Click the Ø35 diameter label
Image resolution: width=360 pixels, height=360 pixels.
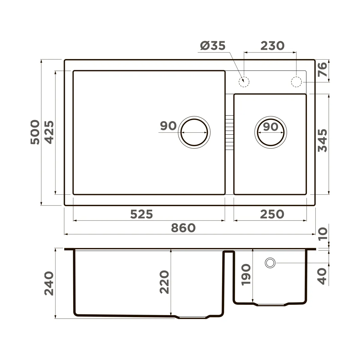click(212, 46)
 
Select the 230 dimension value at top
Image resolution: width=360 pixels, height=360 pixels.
click(272, 46)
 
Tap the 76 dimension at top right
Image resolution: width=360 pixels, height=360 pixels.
click(322, 70)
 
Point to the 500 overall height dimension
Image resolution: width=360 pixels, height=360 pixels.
click(35, 132)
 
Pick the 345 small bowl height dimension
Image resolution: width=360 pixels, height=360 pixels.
click(322, 140)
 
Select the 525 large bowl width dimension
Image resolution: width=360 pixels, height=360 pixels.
click(142, 214)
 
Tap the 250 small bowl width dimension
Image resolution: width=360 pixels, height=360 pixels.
click(272, 214)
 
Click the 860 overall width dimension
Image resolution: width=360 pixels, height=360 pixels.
click(183, 228)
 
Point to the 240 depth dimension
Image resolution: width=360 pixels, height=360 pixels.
click(49, 283)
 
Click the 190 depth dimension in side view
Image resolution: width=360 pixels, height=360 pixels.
click(246, 274)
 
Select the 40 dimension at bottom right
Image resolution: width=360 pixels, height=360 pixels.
click(322, 276)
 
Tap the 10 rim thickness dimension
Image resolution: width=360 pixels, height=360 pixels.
click(322, 234)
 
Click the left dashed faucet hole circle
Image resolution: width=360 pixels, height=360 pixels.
click(244, 82)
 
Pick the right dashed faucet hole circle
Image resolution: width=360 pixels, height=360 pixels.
click(296, 82)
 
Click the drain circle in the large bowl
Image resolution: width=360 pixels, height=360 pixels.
click(194, 132)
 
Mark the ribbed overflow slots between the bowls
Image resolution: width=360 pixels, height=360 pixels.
click(229, 133)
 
